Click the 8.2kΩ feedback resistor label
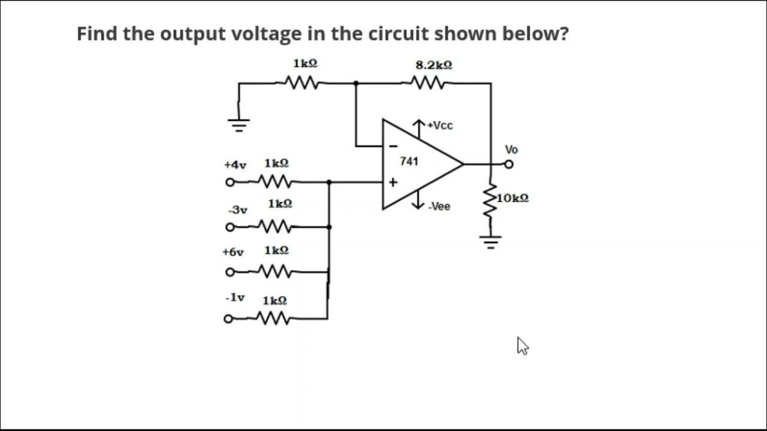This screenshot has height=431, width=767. point(433,65)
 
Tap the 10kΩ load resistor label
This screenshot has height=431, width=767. point(512,198)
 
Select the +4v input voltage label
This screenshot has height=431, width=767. point(235,165)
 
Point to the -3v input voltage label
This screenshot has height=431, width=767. point(237,210)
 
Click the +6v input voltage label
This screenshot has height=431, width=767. point(233,252)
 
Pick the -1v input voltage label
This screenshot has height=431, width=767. point(235,298)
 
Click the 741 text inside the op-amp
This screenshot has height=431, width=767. point(409,161)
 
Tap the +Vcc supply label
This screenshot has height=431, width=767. point(440,126)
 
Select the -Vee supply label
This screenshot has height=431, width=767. point(439,207)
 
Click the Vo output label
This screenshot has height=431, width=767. point(511,150)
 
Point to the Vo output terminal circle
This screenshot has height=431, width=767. point(509,164)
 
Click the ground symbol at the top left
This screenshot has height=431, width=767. point(238,125)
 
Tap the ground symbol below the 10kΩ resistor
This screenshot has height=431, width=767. point(491,241)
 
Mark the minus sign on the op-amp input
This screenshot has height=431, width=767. point(394,145)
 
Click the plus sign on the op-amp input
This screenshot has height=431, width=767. point(393,183)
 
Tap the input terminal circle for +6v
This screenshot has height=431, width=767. point(229,272)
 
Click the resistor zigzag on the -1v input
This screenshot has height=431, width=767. point(274,318)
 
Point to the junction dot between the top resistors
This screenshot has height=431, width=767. point(356,83)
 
